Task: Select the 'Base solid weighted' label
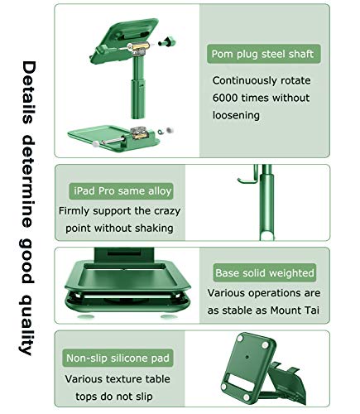point(265,272)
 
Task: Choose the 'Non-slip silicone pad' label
point(118,359)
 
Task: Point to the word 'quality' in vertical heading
point(30,324)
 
